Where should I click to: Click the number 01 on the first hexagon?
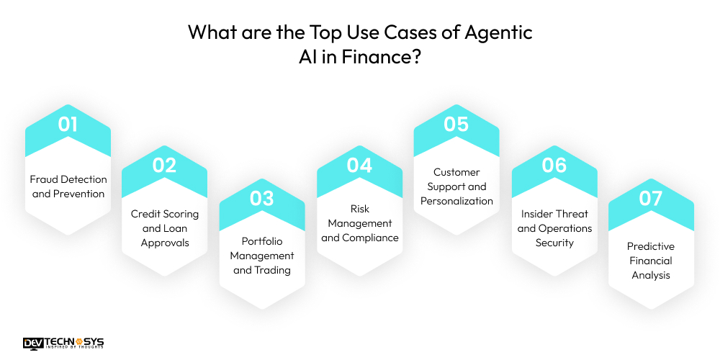[x=68, y=124]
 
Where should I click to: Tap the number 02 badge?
[x=164, y=166]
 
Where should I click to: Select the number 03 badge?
[x=262, y=199]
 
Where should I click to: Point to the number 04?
[x=359, y=166]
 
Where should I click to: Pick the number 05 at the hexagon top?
[x=456, y=124]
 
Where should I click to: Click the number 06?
[x=554, y=166]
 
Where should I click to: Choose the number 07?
[x=651, y=199]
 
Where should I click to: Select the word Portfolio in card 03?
[x=262, y=241]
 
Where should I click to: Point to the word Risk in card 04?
[x=359, y=209]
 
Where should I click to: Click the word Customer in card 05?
[x=456, y=172]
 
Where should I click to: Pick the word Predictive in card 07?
[x=651, y=246]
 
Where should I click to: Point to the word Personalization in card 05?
[x=456, y=201]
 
